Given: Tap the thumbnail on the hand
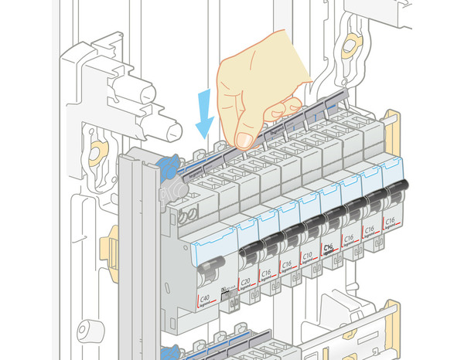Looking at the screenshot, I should (x=244, y=140).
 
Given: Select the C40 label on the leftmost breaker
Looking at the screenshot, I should (x=205, y=299).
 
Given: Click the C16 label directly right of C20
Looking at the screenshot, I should (x=266, y=273).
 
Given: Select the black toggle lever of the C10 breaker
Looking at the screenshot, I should (x=312, y=226).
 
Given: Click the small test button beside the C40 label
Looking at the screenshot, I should (x=225, y=291).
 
